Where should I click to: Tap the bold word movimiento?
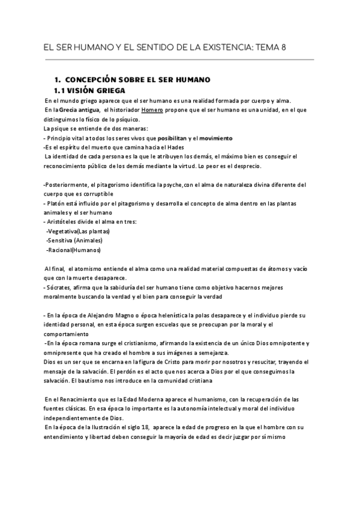[215, 138]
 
